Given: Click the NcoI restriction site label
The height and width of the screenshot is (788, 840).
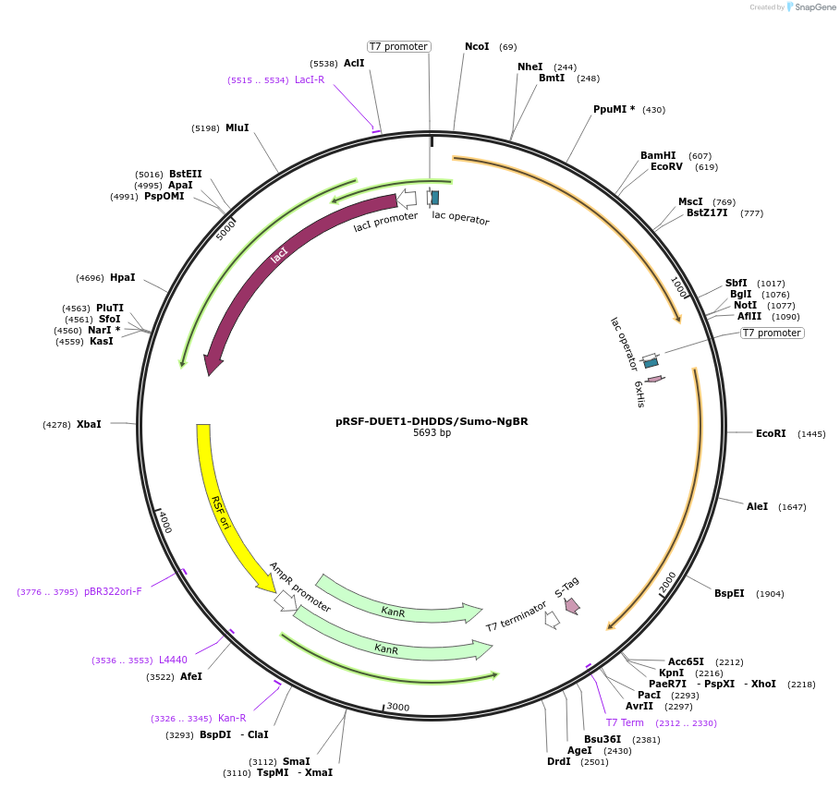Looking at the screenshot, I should (x=477, y=46).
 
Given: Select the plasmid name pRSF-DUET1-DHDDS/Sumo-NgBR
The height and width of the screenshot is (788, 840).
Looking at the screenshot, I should (x=432, y=421).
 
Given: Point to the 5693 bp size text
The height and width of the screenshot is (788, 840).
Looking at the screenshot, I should (x=432, y=432).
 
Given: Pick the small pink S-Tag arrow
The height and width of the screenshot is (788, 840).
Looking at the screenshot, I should (x=572, y=605).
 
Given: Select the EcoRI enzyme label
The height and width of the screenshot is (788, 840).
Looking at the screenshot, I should (x=771, y=433).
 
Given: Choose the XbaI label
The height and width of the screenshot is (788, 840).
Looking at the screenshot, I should (x=89, y=424).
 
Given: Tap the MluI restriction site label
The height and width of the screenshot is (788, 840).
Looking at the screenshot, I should (x=237, y=128).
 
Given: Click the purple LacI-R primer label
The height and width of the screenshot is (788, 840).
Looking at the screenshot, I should (x=310, y=79).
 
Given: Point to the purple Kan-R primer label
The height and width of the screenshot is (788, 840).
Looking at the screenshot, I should (x=232, y=718).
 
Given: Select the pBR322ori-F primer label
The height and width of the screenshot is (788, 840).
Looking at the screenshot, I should (x=113, y=591).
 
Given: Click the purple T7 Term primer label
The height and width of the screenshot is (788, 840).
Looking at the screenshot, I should (x=625, y=722).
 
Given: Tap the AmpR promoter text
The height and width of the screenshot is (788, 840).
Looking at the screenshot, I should (x=300, y=587).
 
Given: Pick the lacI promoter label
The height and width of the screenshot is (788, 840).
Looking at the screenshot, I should (x=385, y=222).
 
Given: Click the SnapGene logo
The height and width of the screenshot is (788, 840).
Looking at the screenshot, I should (x=811, y=7).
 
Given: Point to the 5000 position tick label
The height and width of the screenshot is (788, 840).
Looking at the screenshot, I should (x=225, y=230).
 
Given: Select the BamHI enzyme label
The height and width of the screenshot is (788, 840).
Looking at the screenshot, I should (x=658, y=155).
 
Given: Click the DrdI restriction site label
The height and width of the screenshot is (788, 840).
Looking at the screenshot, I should (x=559, y=761).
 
